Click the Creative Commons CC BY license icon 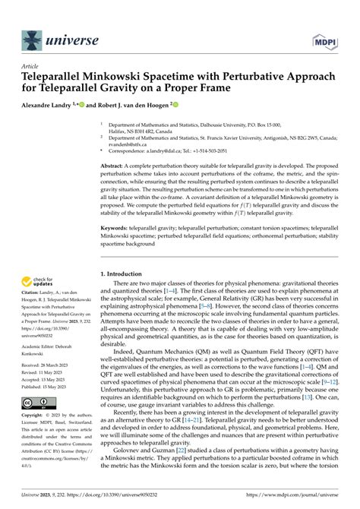click(x=38, y=403)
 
